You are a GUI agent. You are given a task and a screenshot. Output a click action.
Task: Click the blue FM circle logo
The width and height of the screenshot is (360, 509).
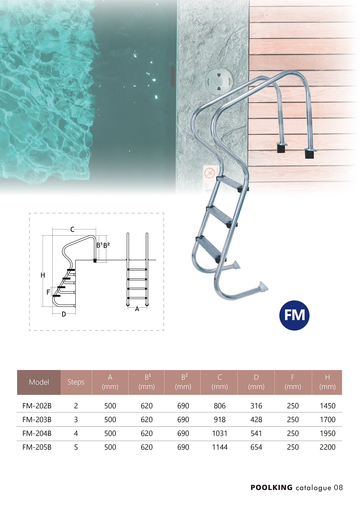point(294,315)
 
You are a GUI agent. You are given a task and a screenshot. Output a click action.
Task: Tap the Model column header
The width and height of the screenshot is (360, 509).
point(39,382)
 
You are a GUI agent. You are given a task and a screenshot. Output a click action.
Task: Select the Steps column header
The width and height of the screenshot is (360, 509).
point(76,382)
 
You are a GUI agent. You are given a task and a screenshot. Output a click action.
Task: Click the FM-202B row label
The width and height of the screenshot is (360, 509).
point(37,406)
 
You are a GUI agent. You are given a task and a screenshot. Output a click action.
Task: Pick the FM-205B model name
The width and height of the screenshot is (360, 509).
point(37,447)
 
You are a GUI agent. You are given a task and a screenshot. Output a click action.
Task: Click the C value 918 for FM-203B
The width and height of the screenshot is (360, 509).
point(220,420)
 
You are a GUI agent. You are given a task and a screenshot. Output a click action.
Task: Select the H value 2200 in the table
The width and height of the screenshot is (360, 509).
point(328,447)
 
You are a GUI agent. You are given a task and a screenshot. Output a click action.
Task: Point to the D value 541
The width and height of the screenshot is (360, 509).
point(256,433)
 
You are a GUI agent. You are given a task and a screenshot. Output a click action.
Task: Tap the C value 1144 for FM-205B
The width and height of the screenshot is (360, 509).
point(220,447)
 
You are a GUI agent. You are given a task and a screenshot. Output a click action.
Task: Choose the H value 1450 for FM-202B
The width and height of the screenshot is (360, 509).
point(328,406)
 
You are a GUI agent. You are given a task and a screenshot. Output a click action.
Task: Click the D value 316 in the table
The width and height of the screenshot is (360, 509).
point(256,406)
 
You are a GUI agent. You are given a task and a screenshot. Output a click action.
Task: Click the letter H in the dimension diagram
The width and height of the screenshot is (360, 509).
point(43,275)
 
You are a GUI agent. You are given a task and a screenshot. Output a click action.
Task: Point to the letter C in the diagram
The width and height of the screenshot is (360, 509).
point(72,229)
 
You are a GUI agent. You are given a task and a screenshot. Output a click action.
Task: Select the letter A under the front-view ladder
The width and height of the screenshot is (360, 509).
point(137,309)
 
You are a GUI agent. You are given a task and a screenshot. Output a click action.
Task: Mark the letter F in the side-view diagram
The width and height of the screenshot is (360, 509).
point(48,292)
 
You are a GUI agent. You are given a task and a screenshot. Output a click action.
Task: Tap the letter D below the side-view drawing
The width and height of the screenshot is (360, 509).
point(64,314)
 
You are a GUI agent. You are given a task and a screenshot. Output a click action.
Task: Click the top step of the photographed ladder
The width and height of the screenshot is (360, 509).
point(232,184)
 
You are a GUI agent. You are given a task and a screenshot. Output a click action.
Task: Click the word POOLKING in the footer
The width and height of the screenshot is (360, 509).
point(271,487)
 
